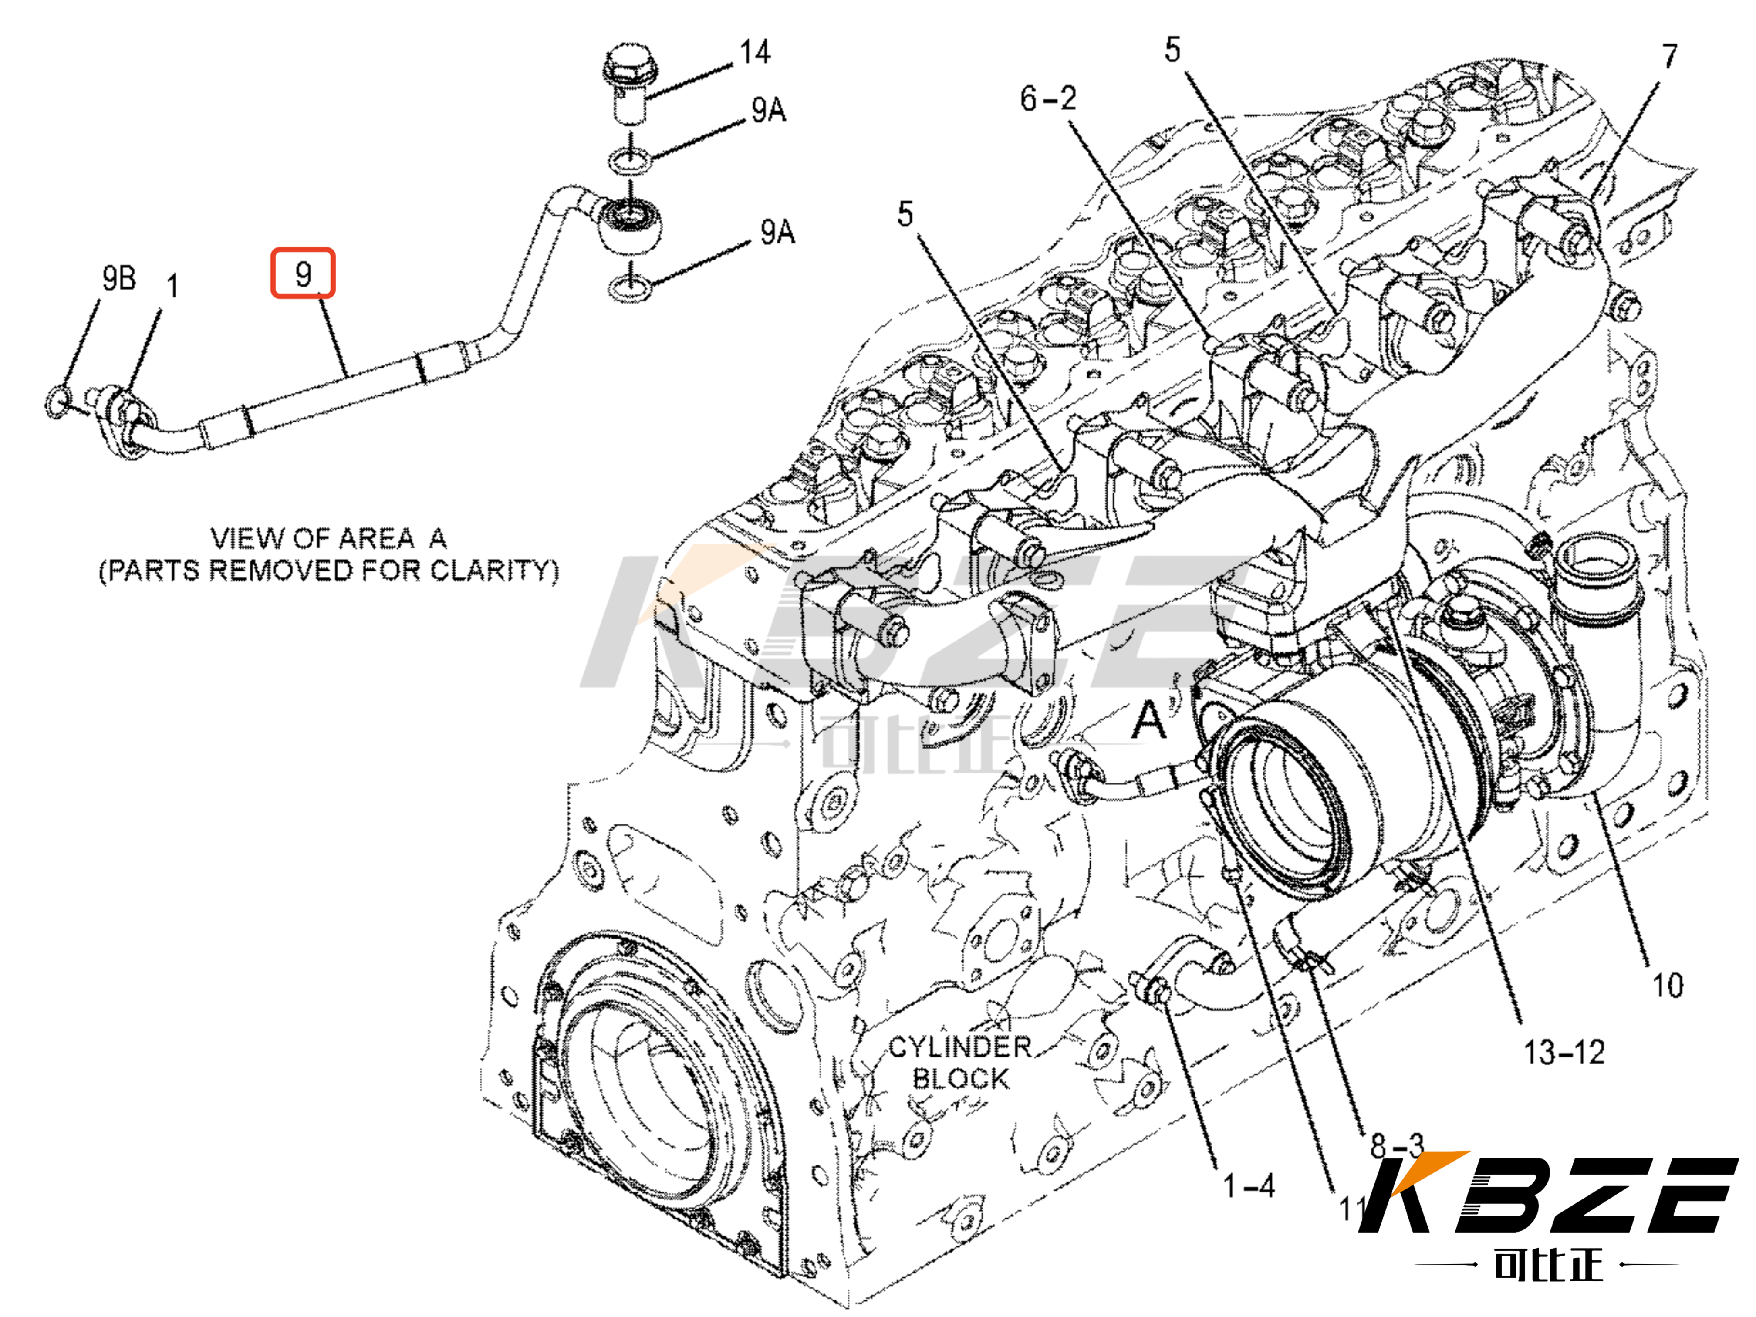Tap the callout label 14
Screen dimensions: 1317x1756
(754, 52)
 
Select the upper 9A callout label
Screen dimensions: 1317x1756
(768, 110)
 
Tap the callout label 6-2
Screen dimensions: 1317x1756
(1048, 98)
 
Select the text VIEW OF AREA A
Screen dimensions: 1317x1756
(328, 538)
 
